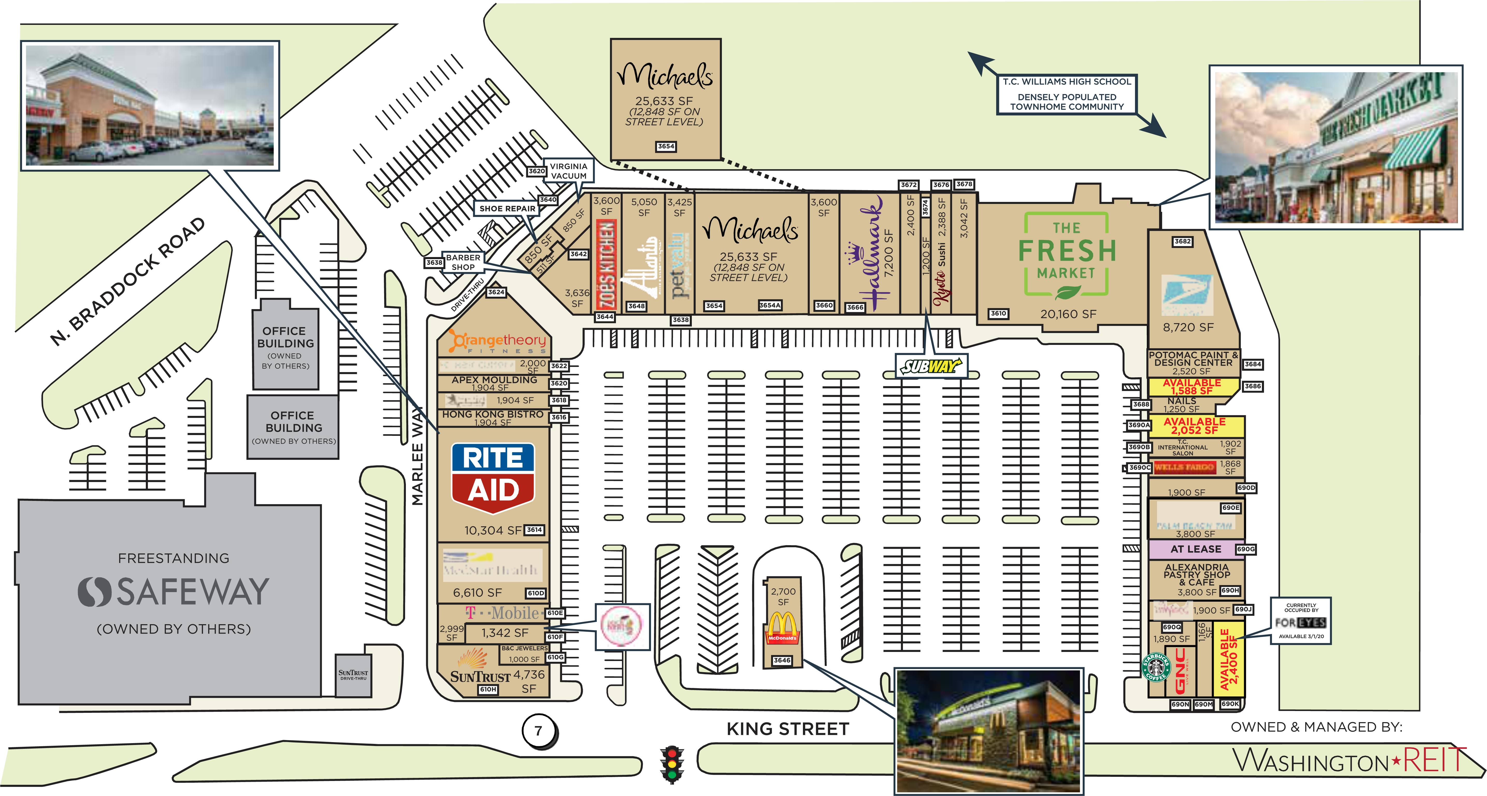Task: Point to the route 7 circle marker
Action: [538, 731]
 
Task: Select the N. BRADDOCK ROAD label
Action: [127, 281]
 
